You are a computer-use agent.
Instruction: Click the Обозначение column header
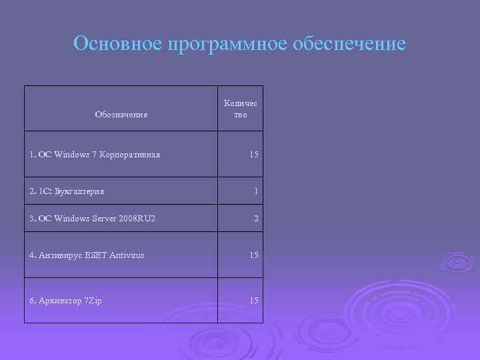point(121,115)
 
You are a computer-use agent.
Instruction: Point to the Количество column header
point(241,109)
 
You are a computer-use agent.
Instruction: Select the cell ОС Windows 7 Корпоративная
point(95,155)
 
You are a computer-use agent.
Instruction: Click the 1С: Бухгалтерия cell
point(67,192)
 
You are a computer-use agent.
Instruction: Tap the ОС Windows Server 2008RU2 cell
point(93,219)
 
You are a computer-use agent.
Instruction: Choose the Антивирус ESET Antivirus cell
point(87,255)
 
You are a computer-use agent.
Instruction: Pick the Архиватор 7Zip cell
point(65,301)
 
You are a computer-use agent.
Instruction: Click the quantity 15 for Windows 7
point(254,155)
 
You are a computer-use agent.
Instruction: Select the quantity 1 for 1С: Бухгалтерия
point(256,192)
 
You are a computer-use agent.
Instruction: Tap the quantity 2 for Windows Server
point(256,219)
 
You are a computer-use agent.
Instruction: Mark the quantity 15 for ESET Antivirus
point(254,255)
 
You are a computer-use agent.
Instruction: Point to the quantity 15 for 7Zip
point(254,301)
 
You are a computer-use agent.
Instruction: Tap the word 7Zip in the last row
point(93,301)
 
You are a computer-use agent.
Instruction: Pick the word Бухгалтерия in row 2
point(79,192)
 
